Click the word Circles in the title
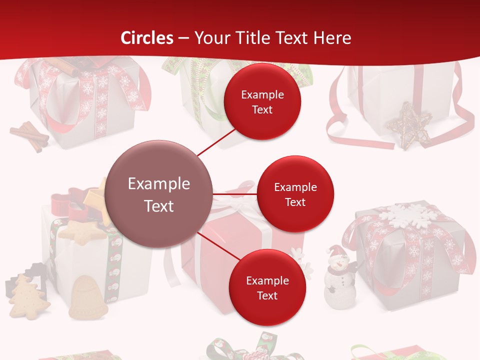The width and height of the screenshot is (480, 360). click(147, 38)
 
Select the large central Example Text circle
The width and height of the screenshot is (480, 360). click(159, 194)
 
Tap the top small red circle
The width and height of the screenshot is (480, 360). click(262, 102)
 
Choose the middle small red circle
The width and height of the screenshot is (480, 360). click(295, 194)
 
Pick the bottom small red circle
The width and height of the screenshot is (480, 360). click(267, 287)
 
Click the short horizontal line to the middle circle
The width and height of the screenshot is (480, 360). click(234, 194)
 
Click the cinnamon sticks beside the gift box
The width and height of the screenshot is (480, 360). click(30, 135)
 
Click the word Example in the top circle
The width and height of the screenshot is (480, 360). click(262, 95)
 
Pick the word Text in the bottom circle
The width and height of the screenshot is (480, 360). click(267, 295)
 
